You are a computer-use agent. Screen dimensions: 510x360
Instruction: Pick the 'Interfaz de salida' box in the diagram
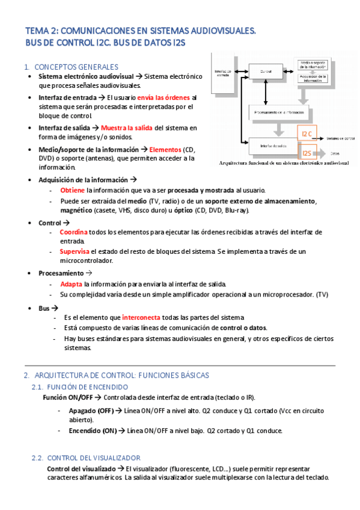(x=273, y=146)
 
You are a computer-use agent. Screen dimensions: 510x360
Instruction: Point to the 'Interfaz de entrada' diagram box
(x=222, y=75)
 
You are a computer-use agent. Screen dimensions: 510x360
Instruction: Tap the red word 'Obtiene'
(x=72, y=189)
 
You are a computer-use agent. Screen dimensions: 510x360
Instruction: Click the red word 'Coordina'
(x=73, y=232)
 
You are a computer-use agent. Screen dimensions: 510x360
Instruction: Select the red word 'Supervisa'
(x=75, y=251)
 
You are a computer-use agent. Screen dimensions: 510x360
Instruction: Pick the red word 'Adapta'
(x=71, y=283)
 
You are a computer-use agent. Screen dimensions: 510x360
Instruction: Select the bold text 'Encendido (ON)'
(x=93, y=431)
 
